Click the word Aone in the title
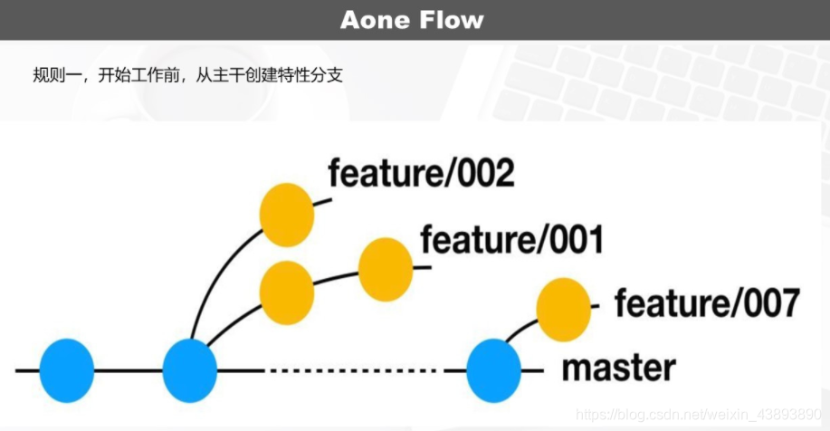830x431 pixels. pos(376,20)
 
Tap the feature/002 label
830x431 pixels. pos(421,172)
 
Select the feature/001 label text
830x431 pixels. pos(511,240)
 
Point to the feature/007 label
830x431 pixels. pos(706,303)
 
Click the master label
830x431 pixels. pos(618,369)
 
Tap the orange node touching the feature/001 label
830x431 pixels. pos(386,269)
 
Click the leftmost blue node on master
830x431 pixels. pos(67,370)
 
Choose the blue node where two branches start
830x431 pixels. pos(190,370)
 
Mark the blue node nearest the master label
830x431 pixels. pos(494,370)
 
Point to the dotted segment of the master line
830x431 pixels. pos(353,370)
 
